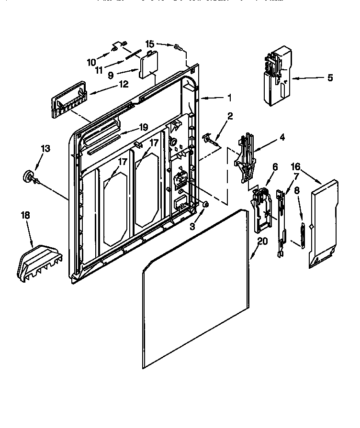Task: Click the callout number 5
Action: [330, 78]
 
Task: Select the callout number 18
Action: [25, 216]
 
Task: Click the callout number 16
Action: [296, 166]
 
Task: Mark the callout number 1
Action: [229, 98]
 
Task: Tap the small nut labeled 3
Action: [205, 204]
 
